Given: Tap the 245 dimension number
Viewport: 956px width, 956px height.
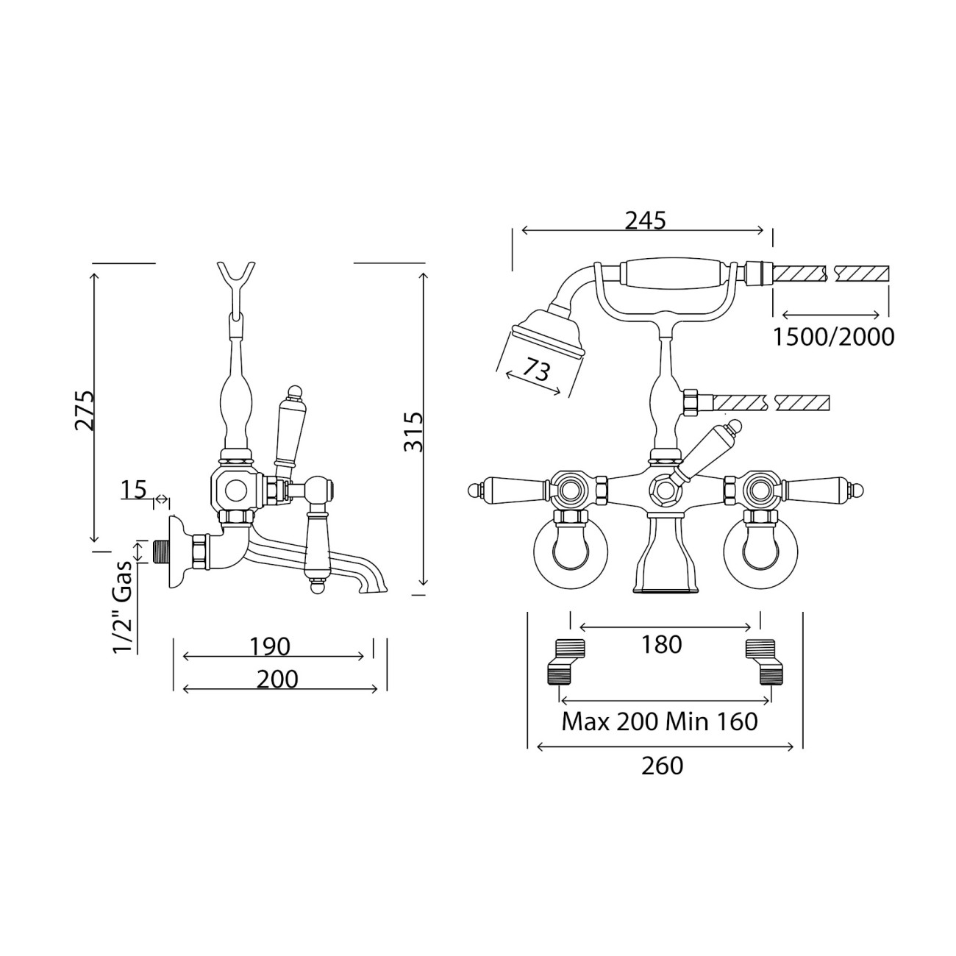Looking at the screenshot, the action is (x=645, y=221).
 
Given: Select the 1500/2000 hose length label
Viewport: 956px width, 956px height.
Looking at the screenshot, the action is (x=834, y=338).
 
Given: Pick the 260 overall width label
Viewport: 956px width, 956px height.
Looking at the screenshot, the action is (x=662, y=766).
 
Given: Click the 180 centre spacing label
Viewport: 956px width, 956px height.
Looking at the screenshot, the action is (x=662, y=644).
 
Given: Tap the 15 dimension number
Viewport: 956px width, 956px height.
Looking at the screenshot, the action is (x=133, y=490).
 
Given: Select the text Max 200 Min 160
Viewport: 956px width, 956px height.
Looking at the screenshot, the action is (x=660, y=722).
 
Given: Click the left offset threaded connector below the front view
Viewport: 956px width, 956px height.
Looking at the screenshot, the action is (x=566, y=662).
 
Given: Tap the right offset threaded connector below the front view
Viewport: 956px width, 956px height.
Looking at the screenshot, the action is (x=765, y=662).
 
